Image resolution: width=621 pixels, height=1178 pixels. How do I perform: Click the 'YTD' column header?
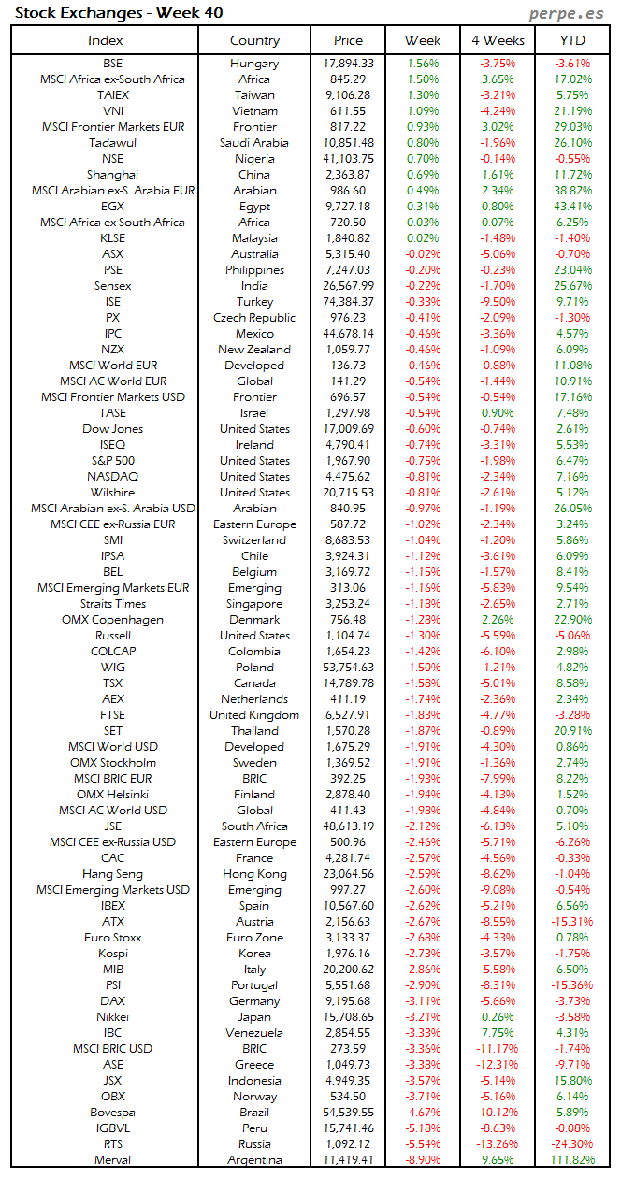[572, 40]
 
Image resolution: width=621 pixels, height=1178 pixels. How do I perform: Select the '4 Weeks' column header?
[498, 40]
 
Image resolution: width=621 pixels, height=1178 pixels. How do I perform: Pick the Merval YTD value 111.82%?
[572, 1160]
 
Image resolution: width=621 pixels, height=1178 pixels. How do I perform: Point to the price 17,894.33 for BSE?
[348, 64]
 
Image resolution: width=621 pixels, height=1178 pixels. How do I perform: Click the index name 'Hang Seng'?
[112, 874]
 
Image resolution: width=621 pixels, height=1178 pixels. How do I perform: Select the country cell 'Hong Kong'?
[254, 874]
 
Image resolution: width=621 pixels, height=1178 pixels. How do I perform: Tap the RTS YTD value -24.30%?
[572, 1144]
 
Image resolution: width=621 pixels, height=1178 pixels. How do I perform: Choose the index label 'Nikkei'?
[112, 1017]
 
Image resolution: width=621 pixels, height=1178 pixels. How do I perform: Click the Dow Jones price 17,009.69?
[348, 429]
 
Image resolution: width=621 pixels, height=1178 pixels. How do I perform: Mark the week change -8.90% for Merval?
[423, 1160]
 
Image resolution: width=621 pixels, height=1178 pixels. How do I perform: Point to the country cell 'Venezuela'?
[254, 1033]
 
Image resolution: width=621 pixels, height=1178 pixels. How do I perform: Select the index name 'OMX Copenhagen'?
[112, 620]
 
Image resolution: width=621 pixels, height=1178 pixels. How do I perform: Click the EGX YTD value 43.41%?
[572, 207]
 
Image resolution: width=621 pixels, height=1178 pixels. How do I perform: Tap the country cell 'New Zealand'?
[254, 350]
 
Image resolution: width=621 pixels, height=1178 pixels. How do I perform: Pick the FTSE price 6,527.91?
[348, 715]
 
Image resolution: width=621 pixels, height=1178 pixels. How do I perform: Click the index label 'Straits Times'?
[112, 604]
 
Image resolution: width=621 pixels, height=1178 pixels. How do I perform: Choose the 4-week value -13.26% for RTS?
[498, 1144]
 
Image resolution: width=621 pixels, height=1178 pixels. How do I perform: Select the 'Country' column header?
[254, 40]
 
